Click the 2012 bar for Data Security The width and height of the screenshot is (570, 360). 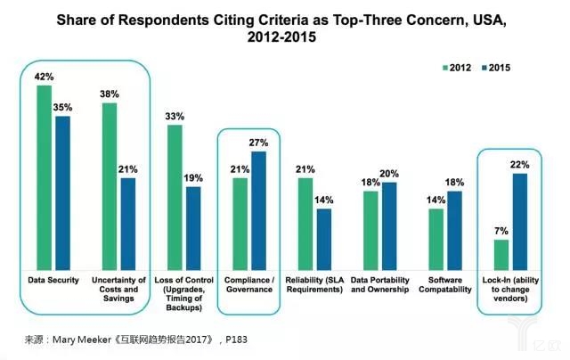pos(44,177)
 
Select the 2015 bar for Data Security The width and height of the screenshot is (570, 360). pos(62,192)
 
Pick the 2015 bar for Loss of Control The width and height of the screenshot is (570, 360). pos(193,227)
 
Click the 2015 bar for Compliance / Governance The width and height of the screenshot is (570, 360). pos(258,210)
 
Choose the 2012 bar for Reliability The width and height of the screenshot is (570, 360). pos(305,223)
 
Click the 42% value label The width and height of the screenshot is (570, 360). pos(43,78)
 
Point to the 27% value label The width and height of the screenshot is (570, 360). pos(258,143)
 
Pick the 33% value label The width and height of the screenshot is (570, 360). pos(175,117)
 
